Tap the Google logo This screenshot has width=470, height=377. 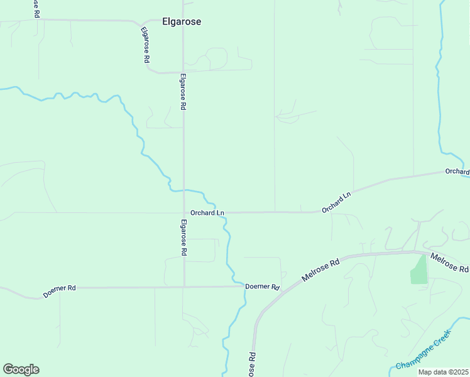[21, 369]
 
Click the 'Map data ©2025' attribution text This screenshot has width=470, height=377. [443, 372]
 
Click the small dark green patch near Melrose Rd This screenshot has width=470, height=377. [418, 270]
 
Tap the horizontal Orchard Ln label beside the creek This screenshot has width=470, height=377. [207, 213]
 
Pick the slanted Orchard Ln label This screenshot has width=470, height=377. [336, 202]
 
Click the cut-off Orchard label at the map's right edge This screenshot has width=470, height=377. [457, 172]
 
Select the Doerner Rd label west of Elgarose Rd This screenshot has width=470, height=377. [60, 291]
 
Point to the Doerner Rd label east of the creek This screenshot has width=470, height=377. [262, 287]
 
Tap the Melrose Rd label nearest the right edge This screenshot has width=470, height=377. [449, 262]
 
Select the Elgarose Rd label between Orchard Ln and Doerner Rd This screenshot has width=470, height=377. [183, 237]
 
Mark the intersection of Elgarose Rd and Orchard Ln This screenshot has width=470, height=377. [183, 213]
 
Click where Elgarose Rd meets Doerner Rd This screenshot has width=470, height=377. [183, 287]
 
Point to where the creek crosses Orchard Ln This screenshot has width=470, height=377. [222, 213]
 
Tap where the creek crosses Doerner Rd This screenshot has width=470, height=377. [239, 287]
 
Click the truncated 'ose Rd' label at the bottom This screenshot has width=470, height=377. [251, 364]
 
